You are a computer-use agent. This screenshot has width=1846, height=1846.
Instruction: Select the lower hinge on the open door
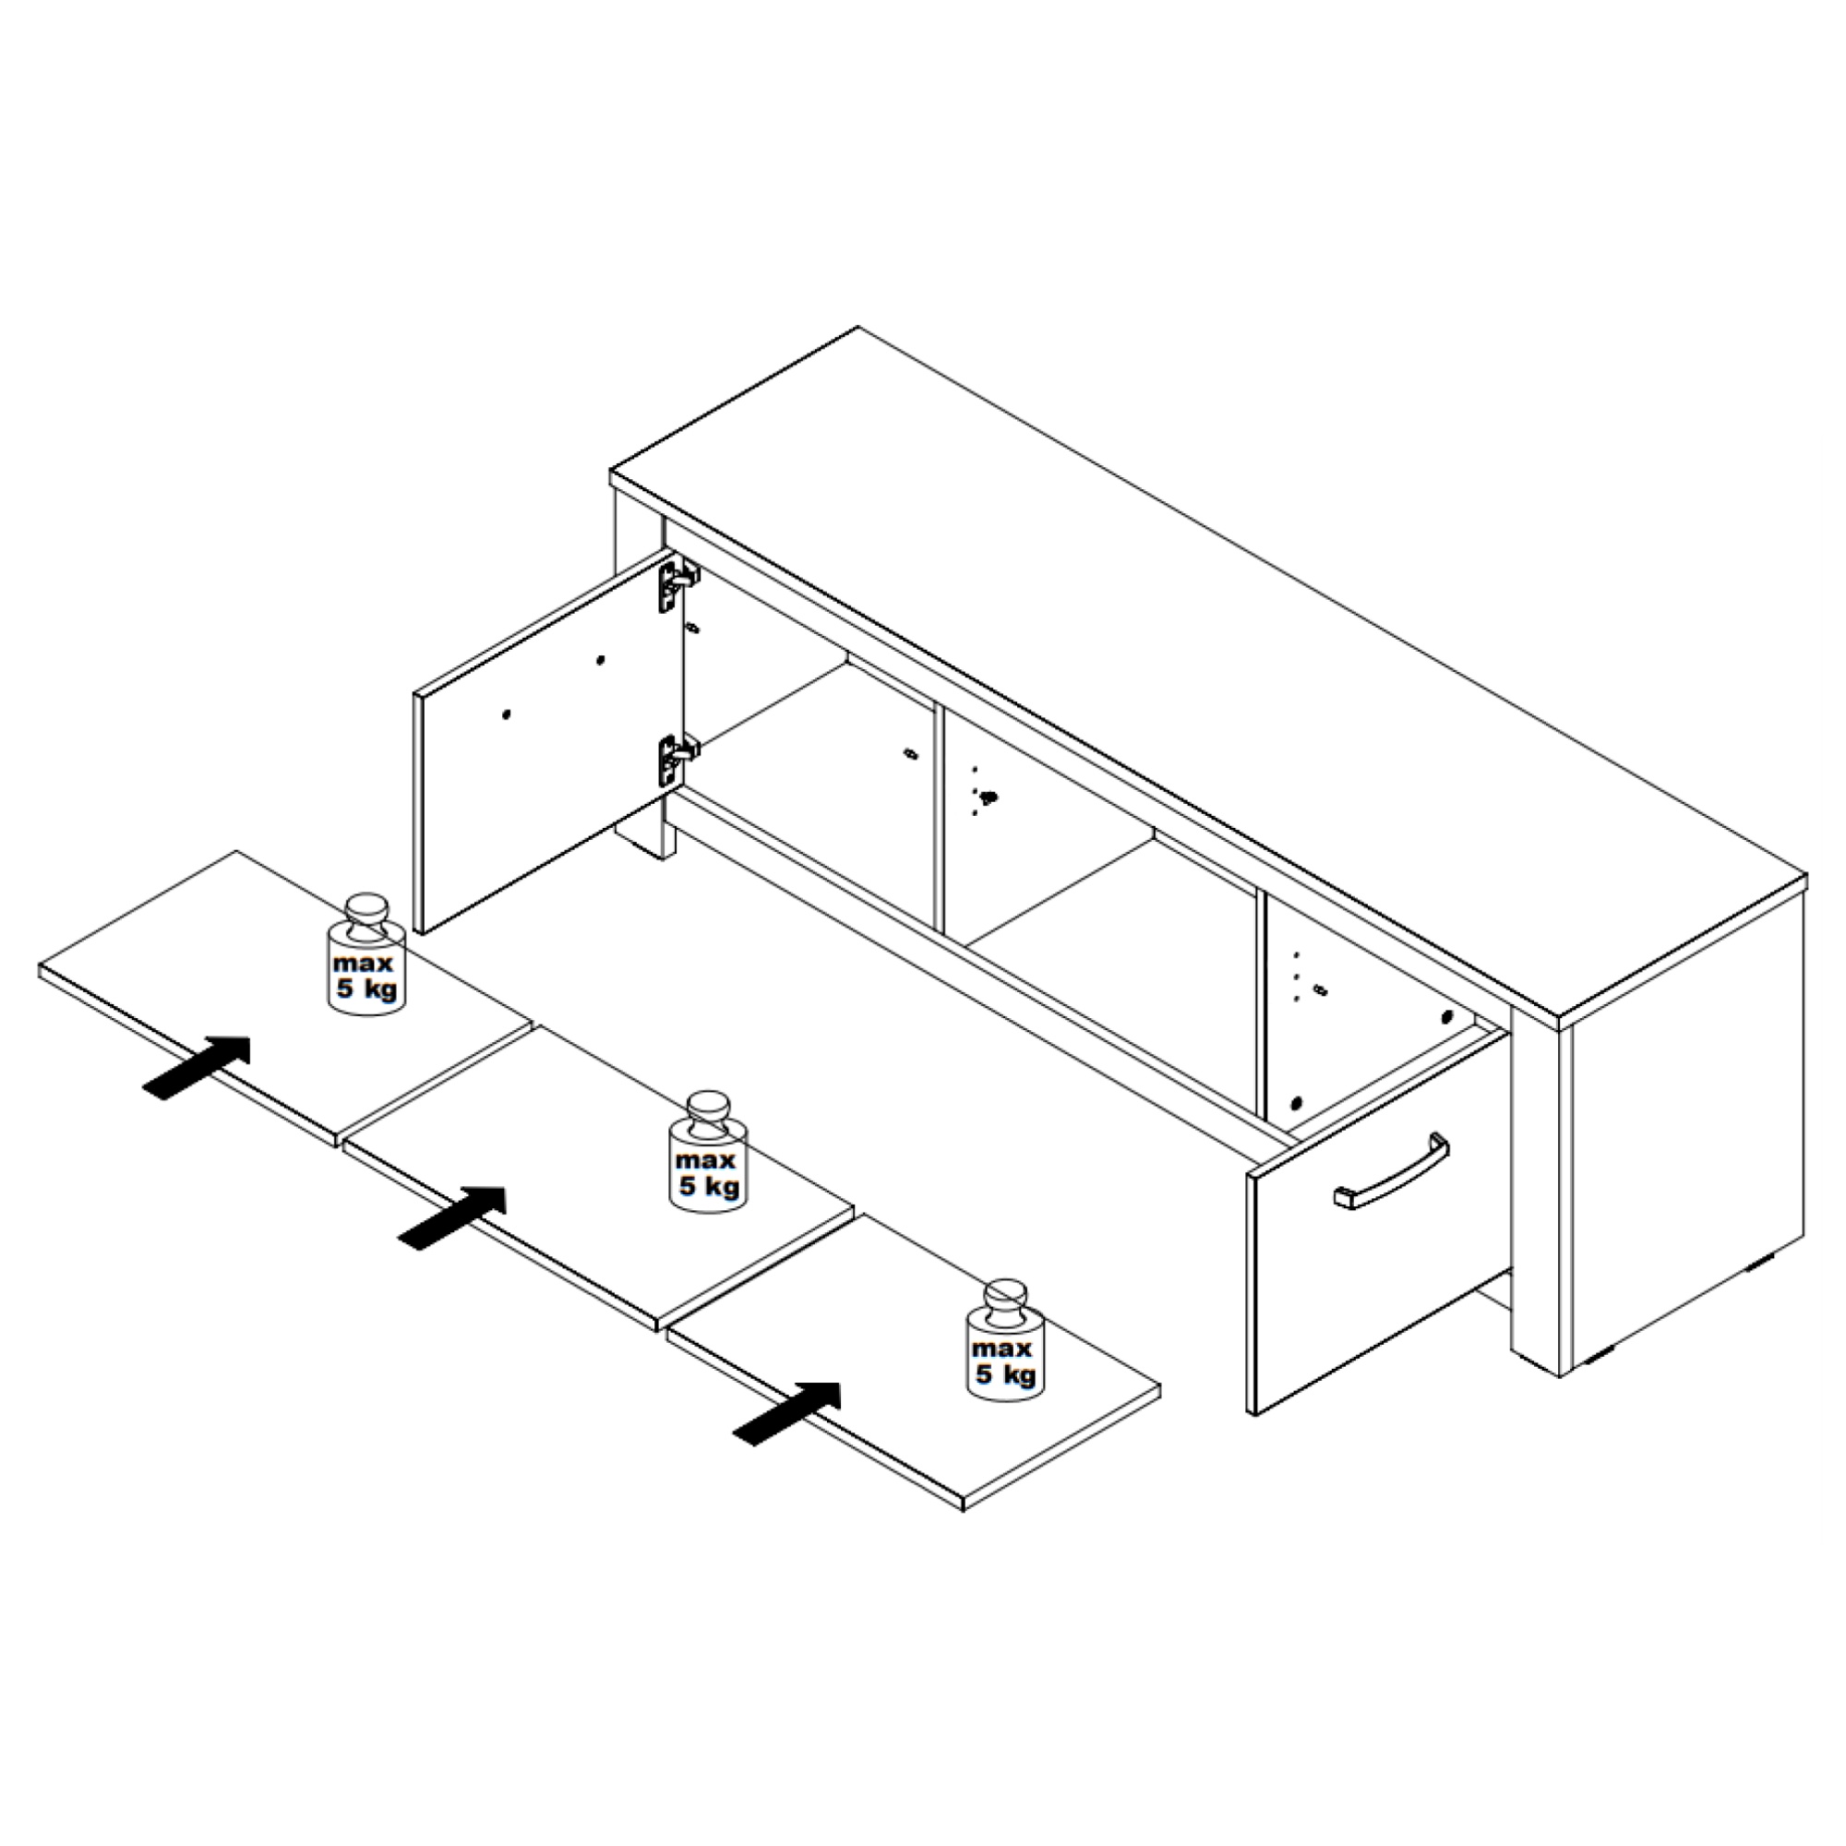[x=676, y=759]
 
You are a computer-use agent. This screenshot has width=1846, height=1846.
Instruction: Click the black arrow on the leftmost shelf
[x=197, y=1067]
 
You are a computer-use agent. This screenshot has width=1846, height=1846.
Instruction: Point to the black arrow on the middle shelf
[x=452, y=1217]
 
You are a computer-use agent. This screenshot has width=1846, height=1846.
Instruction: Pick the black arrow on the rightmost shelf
[x=786, y=1413]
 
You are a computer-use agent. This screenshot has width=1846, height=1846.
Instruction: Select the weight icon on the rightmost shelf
[x=1004, y=1339]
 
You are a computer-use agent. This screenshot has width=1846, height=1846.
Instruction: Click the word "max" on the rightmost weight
[x=1002, y=1349]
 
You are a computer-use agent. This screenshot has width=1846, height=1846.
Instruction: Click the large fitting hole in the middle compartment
[x=989, y=795]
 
